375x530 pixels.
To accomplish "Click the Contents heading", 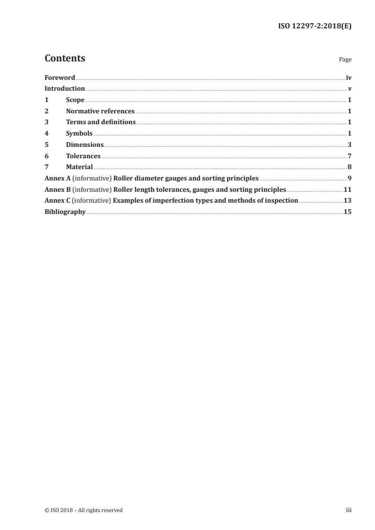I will [x=65, y=59].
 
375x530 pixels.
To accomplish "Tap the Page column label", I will [x=345, y=60].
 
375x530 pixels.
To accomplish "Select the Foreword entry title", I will [x=60, y=77].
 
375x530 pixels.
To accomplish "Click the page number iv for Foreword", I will [x=349, y=77].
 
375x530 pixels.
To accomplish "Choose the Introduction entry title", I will [x=65, y=89].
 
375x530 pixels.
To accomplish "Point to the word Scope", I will [x=75, y=100].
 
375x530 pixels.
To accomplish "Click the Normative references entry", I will [x=100, y=111].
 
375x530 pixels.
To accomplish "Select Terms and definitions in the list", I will [x=101, y=122].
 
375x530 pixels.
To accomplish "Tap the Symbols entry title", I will [x=79, y=134].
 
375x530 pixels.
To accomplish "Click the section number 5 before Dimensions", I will [x=46, y=145].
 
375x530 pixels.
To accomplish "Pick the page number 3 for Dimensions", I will [x=349, y=145].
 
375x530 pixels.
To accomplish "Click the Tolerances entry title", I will [x=83, y=156].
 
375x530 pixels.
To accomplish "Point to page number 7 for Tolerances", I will [x=349, y=156].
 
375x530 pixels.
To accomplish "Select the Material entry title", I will [x=79, y=167].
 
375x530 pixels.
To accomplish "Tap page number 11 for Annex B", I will [x=348, y=190].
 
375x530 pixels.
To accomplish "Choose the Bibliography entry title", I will [x=65, y=212].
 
